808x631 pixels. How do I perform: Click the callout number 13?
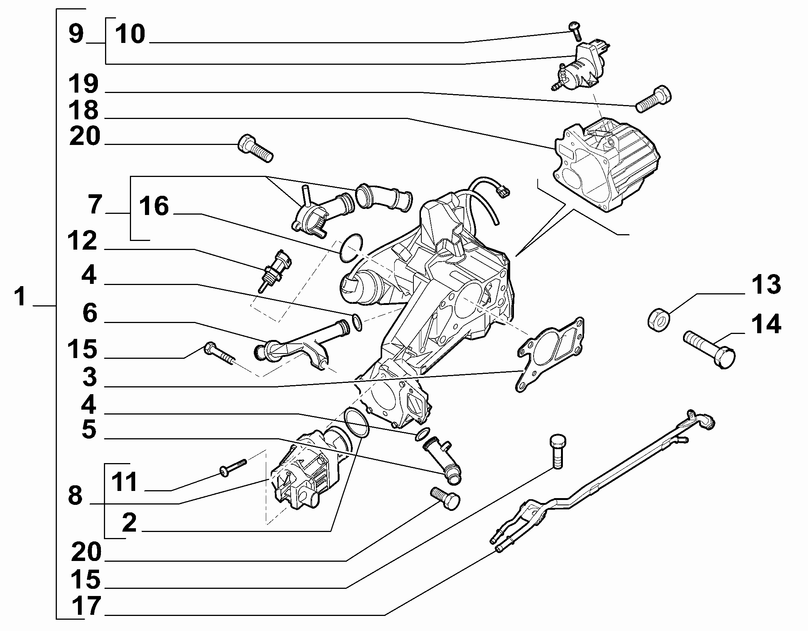coord(766,285)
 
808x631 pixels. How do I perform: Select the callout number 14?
coord(766,325)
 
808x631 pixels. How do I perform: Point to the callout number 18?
coord(84,110)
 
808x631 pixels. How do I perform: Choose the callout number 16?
coord(154,207)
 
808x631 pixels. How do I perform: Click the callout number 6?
coord(90,313)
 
